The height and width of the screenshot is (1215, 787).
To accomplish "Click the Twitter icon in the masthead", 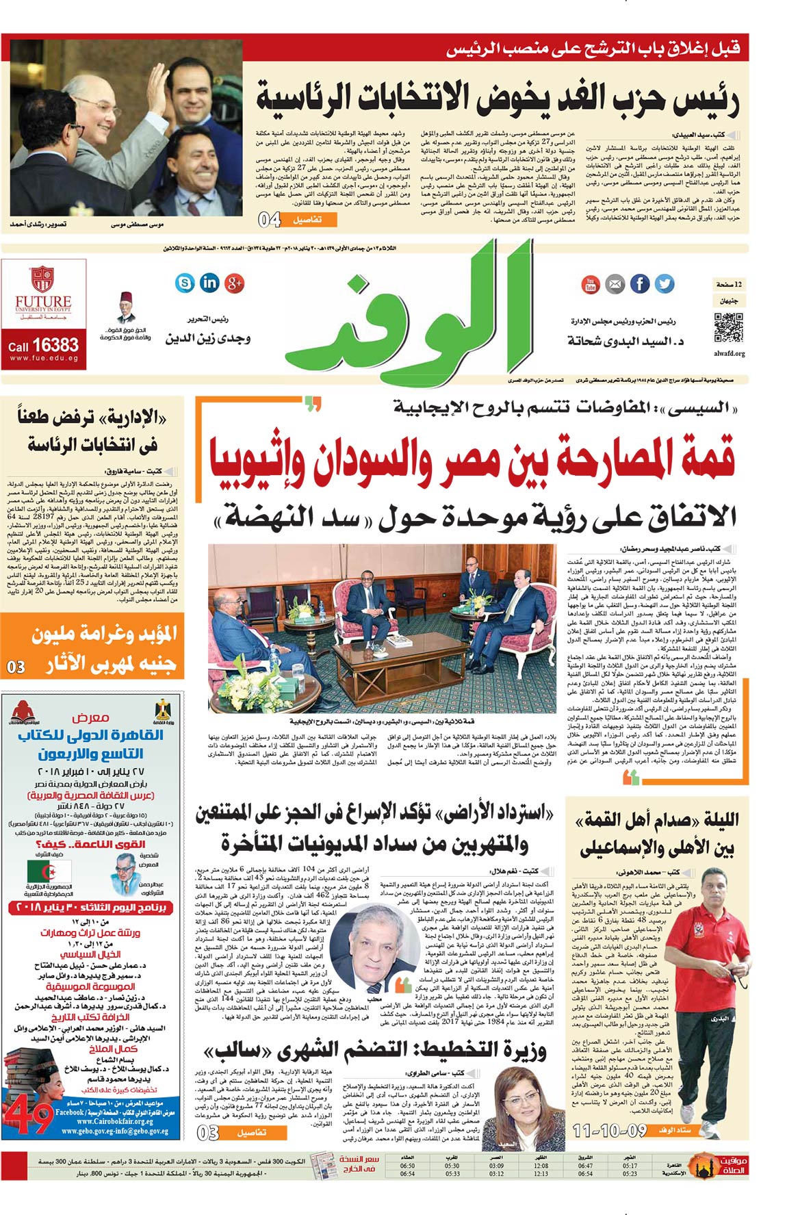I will [664, 283].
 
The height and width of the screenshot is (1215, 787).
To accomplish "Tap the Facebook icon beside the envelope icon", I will [639, 283].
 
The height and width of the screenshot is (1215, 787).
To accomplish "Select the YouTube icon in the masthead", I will [590, 283].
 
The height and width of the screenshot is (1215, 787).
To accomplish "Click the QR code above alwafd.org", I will [727, 327].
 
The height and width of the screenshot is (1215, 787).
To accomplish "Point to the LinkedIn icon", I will [209, 282].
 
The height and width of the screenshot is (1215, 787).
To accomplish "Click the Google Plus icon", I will [234, 282].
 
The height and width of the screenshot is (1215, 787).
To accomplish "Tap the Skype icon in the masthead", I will [185, 282].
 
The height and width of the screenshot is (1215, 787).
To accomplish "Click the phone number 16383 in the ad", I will [55, 344].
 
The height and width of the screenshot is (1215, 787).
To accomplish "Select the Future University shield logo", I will [42, 280].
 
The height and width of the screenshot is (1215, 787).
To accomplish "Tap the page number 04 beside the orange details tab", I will [270, 220].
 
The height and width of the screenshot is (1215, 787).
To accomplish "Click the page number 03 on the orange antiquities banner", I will [16, 666].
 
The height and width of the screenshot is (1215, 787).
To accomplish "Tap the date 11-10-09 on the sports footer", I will [610, 1130].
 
